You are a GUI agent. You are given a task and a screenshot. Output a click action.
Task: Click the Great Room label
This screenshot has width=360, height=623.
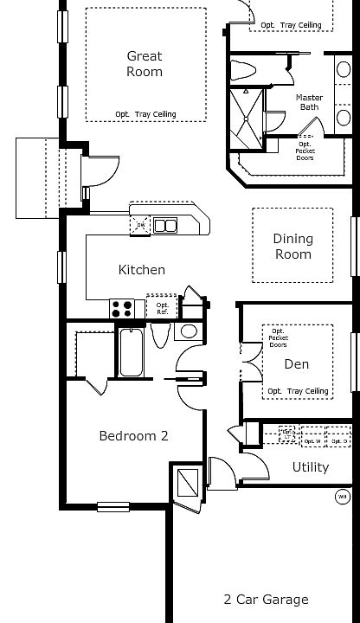coord(145,64)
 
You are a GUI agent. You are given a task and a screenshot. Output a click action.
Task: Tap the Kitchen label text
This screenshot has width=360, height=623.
coord(142,270)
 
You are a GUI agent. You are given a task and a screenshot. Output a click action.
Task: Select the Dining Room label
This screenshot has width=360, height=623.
coord(292,247)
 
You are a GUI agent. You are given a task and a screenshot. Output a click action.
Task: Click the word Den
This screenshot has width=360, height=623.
coord(297,364)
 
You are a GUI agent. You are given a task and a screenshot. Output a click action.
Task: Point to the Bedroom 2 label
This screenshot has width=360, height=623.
coord(133,436)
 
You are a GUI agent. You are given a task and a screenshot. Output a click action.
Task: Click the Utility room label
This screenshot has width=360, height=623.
coord(310,467)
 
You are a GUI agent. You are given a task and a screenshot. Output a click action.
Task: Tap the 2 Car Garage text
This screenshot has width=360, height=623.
coord(266,599)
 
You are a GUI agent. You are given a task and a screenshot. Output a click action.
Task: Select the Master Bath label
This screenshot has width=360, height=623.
coord(309,102)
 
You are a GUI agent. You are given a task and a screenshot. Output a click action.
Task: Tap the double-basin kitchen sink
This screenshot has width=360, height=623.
coord(165,227)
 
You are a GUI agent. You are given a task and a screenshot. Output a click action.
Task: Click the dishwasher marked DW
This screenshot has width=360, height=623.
coord(141,227)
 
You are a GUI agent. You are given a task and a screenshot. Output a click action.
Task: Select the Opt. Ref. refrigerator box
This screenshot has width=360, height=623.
coord(162,307)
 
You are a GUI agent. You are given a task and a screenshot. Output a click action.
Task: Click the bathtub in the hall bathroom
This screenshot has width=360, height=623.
coord(132,352)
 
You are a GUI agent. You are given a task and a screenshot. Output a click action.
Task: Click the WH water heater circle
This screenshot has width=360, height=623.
coord(342,497)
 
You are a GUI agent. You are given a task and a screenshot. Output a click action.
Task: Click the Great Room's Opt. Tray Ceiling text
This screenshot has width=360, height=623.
coord(145,114)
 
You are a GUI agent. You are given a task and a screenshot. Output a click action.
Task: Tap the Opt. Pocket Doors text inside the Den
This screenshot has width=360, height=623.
coord(279,337)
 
